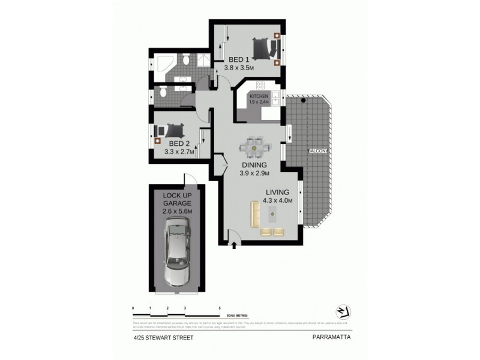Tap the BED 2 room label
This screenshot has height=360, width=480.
click(x=178, y=144)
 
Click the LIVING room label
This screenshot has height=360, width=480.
click(x=278, y=192)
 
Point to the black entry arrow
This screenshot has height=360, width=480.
click(x=234, y=244)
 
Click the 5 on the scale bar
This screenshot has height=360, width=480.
click(x=220, y=307)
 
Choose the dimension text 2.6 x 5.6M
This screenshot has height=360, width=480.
click(x=176, y=211)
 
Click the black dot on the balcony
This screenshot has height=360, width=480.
click(x=304, y=100)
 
